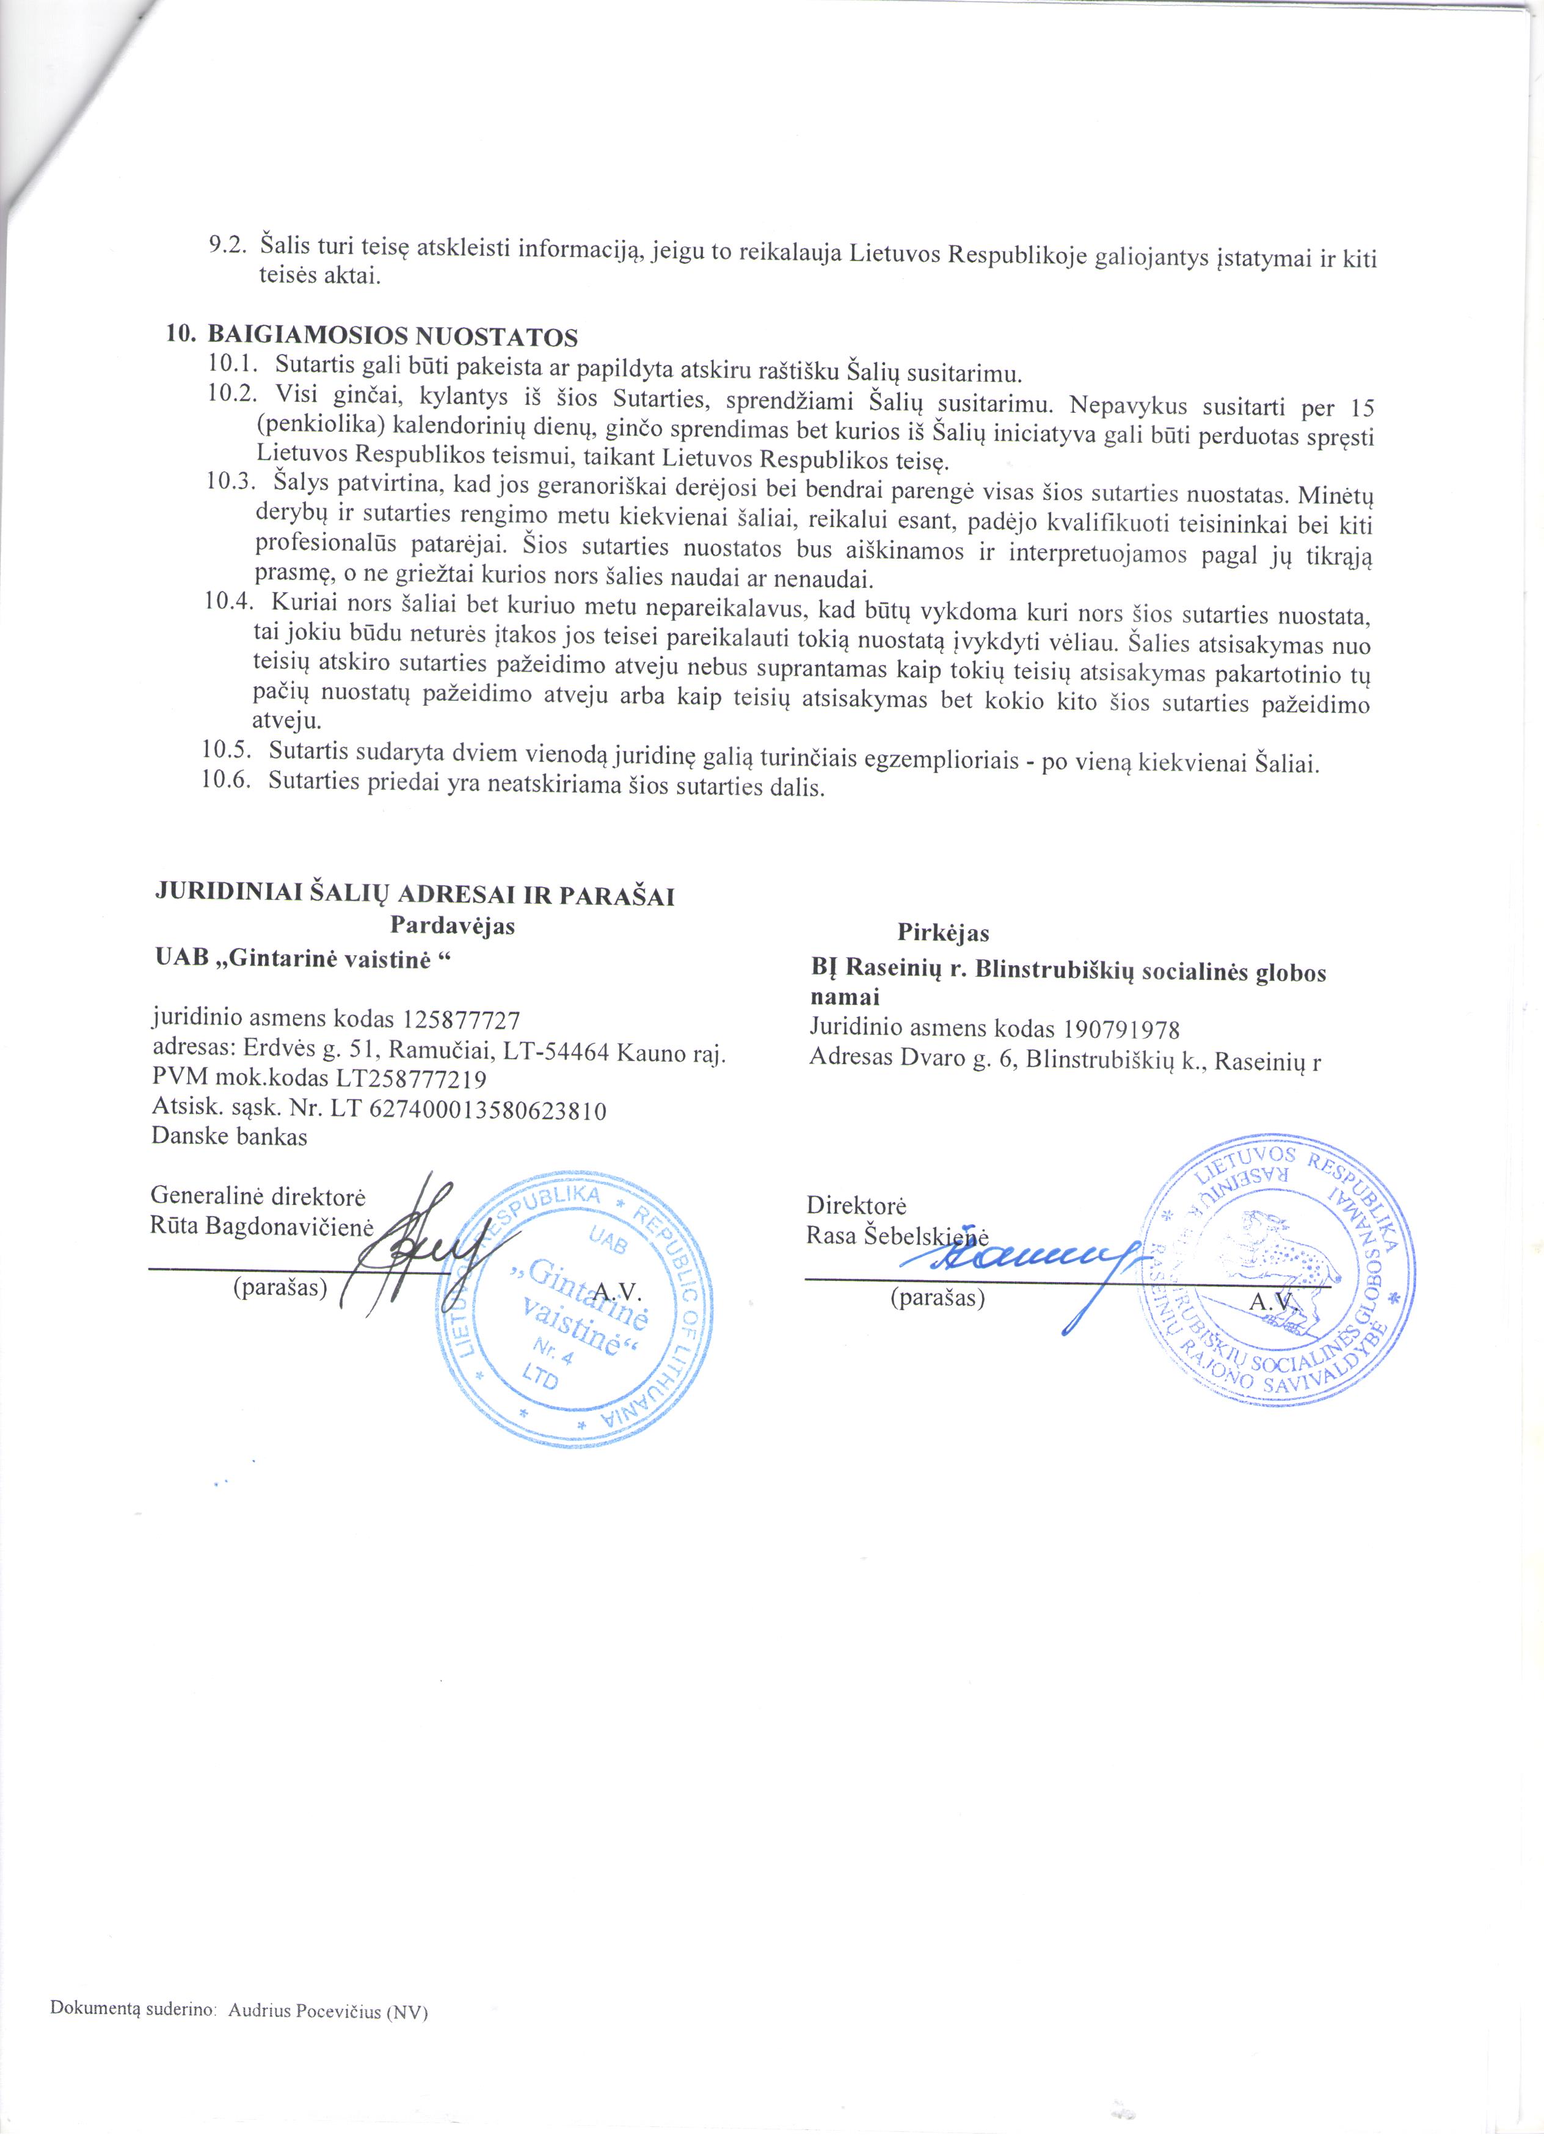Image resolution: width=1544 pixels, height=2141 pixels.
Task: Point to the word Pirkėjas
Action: click(x=942, y=933)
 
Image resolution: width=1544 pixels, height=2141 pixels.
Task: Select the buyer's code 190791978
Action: click(x=1122, y=1029)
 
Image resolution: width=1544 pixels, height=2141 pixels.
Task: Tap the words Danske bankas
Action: click(x=230, y=1137)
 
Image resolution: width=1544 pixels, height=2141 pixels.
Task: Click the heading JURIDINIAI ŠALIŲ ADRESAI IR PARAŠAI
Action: click(x=413, y=895)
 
